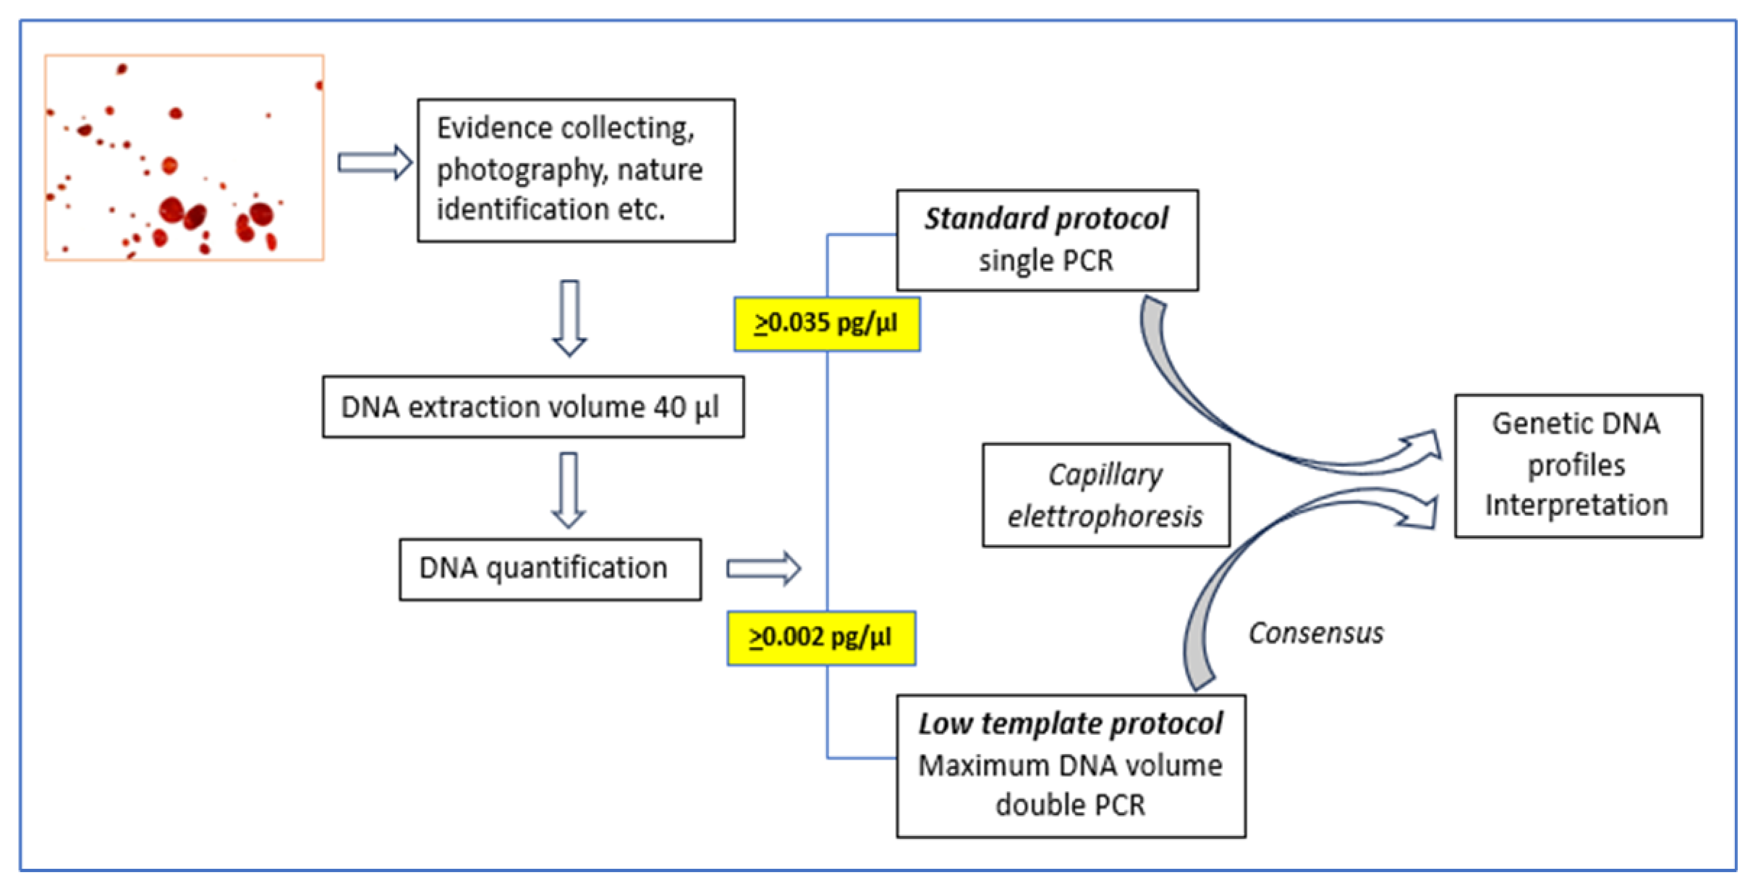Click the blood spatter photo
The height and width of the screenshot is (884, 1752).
point(184,157)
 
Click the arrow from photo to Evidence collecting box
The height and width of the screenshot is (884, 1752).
point(375,162)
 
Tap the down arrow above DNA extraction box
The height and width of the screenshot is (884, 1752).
point(569,318)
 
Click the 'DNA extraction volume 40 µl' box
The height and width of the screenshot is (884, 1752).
point(533,407)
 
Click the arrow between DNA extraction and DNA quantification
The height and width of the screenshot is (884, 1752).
point(569,490)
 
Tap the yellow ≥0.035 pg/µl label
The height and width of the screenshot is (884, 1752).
point(826,323)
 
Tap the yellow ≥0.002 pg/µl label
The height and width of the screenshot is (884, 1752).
point(821,637)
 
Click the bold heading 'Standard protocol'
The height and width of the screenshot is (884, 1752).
point(1046,219)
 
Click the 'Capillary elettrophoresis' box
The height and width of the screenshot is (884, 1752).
point(1105,495)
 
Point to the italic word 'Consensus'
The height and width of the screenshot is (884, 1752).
point(1315,633)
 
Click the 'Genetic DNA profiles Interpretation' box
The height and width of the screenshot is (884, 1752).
point(1578,466)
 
